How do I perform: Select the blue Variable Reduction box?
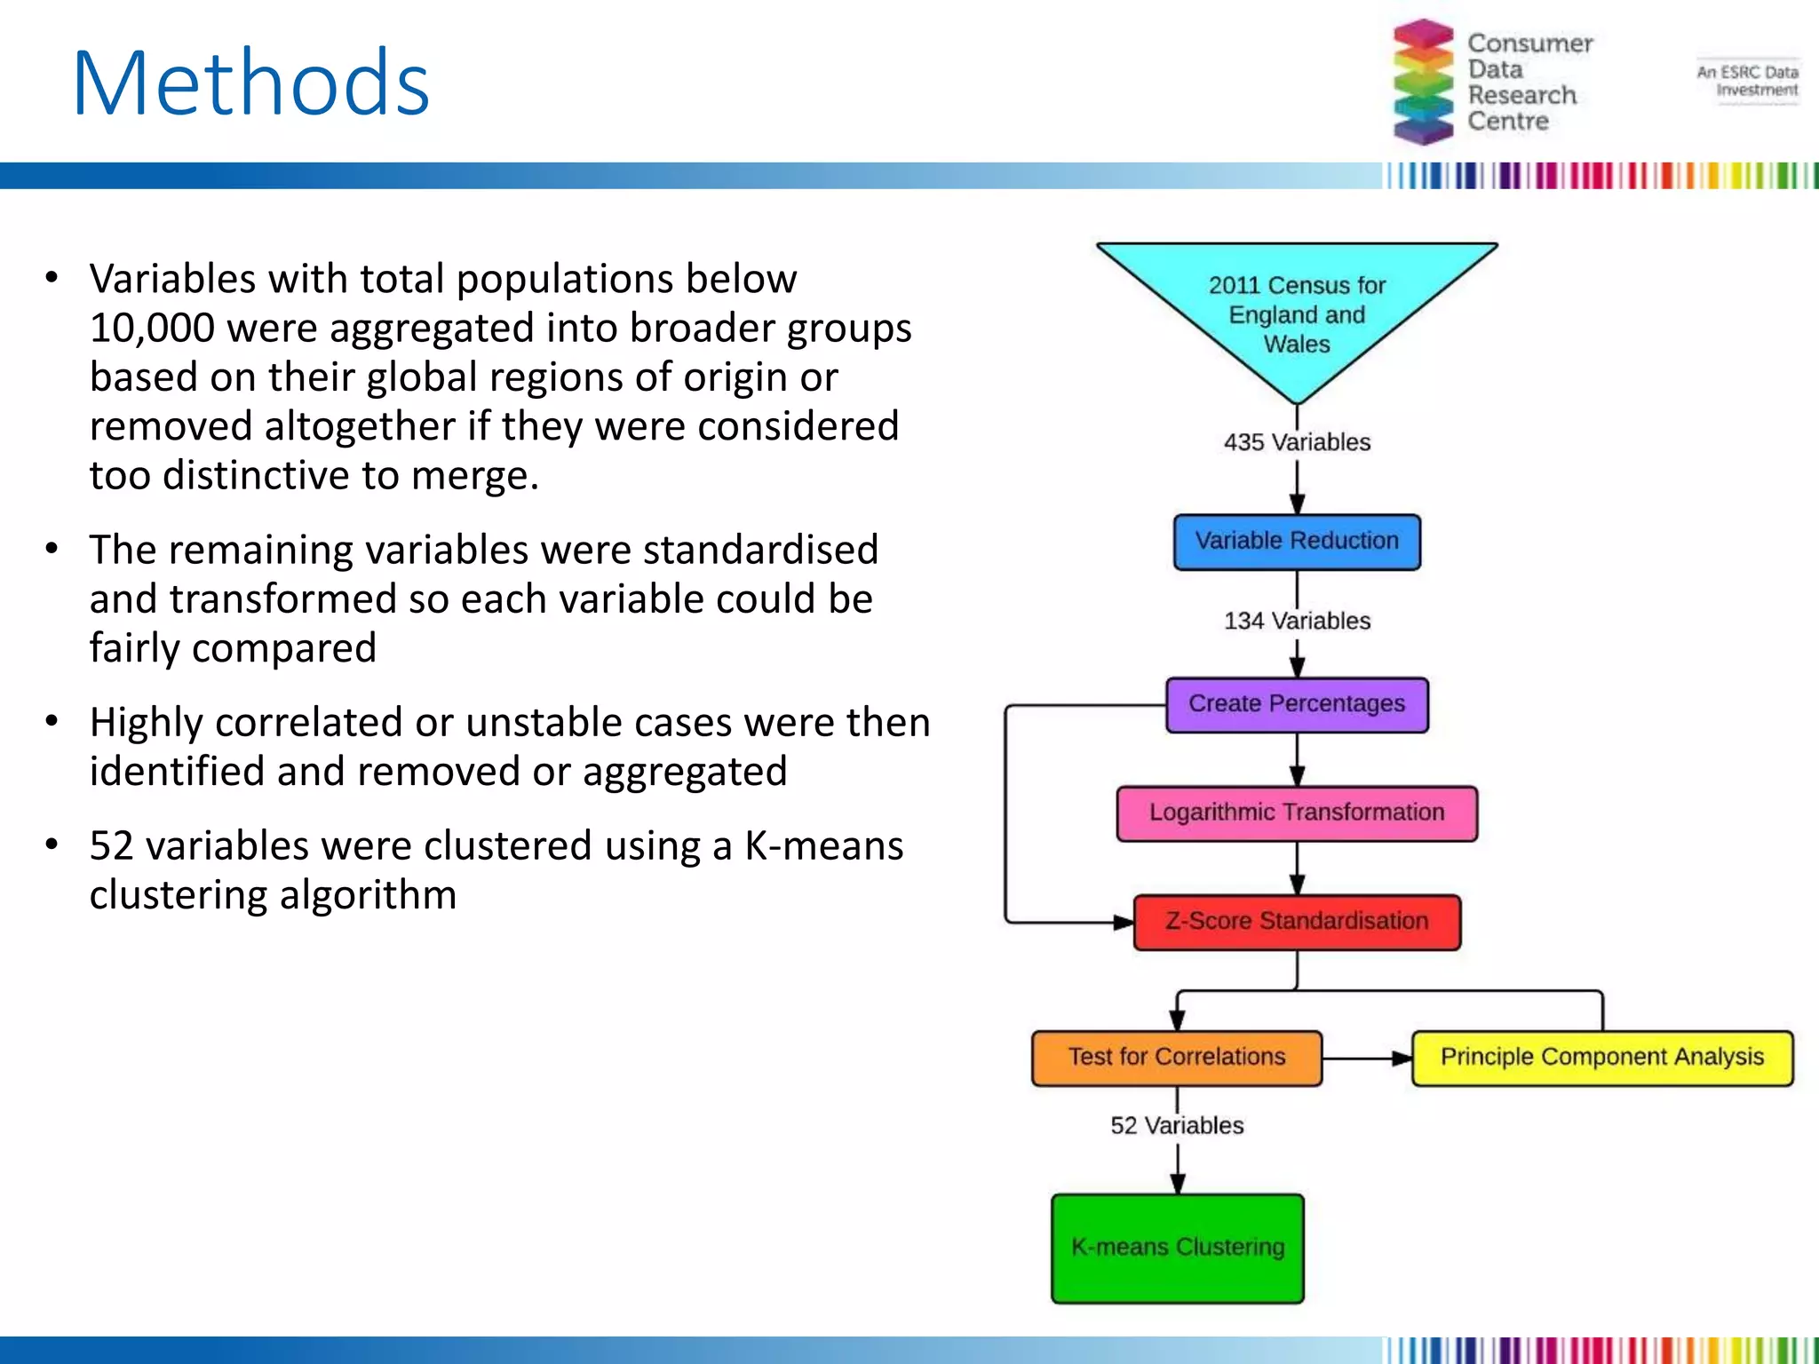pyautogui.click(x=1297, y=541)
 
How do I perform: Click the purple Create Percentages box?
pyautogui.click(x=1297, y=704)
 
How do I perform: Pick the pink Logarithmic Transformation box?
pyautogui.click(x=1297, y=813)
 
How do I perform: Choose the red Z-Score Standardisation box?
pyautogui.click(x=1297, y=922)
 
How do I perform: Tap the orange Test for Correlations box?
pyautogui.click(x=1176, y=1057)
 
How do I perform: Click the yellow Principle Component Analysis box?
pyautogui.click(x=1601, y=1057)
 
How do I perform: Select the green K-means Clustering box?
pyautogui.click(x=1177, y=1248)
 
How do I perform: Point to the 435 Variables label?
pyautogui.click(x=1297, y=442)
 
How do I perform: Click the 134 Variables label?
pyautogui.click(x=1297, y=621)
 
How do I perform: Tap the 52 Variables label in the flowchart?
pyautogui.click(x=1177, y=1125)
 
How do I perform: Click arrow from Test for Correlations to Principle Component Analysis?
pyautogui.click(x=1367, y=1058)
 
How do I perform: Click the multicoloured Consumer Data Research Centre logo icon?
pyautogui.click(x=1423, y=82)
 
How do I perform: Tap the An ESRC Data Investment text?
pyautogui.click(x=1748, y=81)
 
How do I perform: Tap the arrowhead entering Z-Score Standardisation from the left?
pyautogui.click(x=1124, y=922)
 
